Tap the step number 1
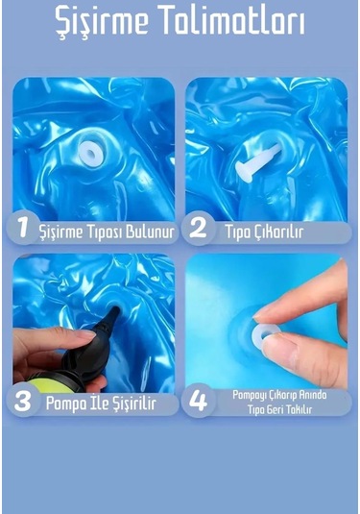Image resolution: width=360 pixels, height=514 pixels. pyautogui.click(x=23, y=228)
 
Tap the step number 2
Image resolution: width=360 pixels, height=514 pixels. pyautogui.click(x=198, y=228)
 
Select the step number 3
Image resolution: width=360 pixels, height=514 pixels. pyautogui.click(x=23, y=402)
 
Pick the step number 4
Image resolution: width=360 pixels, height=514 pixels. pyautogui.click(x=198, y=401)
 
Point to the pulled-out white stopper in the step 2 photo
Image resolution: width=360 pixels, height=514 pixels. pyautogui.click(x=257, y=162)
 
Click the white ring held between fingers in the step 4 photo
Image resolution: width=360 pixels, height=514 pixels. pyautogui.click(x=267, y=331)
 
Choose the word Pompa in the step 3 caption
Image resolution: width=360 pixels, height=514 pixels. pyautogui.click(x=66, y=404)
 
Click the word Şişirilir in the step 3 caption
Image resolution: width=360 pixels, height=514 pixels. pyautogui.click(x=133, y=404)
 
